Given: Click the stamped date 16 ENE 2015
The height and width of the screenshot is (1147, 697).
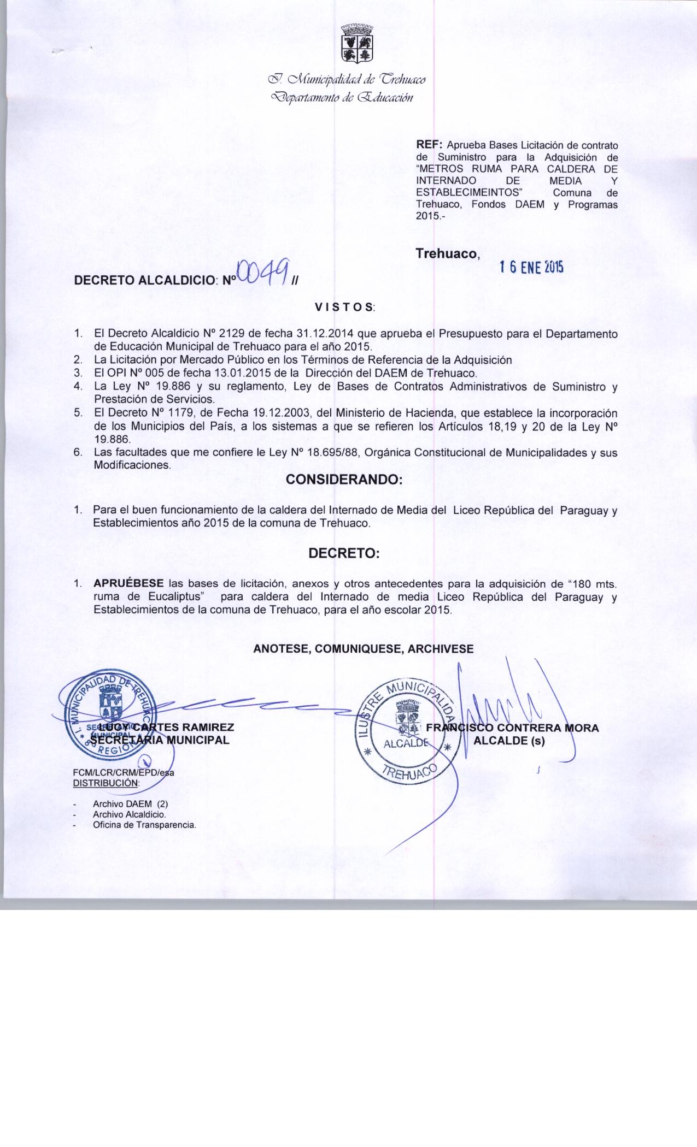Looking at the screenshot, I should click(531, 267).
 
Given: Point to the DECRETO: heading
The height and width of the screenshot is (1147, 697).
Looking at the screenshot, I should click(344, 553).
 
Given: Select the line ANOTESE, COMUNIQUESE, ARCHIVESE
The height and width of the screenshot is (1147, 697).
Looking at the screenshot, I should click(364, 648).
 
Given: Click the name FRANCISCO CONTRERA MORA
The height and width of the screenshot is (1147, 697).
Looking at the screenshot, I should click(512, 728).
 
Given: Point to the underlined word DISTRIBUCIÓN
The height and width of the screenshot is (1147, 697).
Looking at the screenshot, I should click(106, 782).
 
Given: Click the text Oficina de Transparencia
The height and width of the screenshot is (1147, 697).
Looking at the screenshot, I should click(144, 825).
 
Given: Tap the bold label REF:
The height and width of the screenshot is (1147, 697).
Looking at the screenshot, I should click(430, 145).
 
